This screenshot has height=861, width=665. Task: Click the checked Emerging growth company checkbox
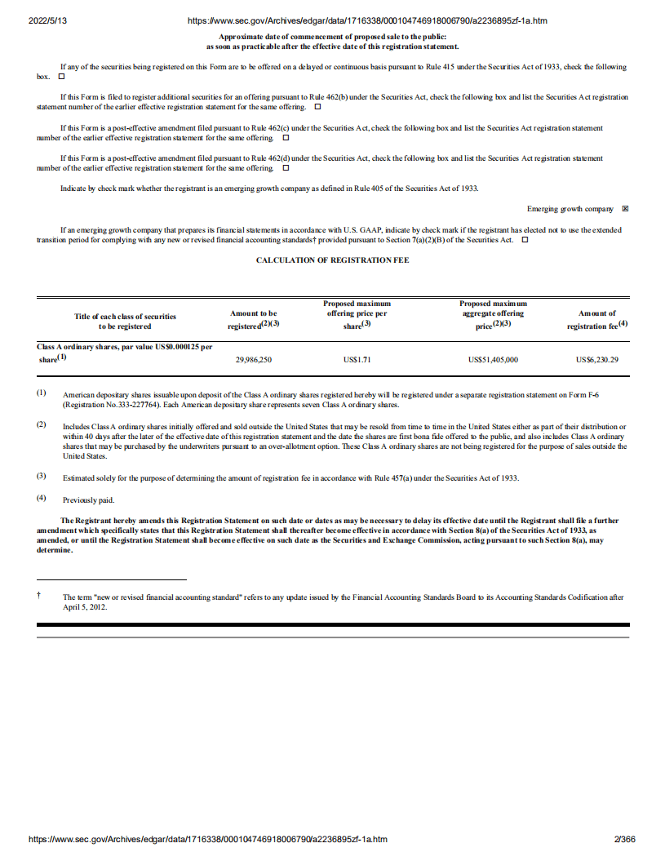[625, 209]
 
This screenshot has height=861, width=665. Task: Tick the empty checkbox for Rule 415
[60, 76]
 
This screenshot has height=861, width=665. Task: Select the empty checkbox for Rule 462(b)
[317, 107]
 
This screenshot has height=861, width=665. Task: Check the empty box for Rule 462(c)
[285, 137]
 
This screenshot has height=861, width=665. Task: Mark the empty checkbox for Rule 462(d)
[285, 167]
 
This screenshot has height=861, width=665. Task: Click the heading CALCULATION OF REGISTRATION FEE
[332, 260]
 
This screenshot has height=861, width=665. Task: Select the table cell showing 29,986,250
[254, 358]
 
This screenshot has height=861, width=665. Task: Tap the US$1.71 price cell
[357, 358]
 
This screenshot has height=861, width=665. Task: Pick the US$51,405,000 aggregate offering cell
[493, 358]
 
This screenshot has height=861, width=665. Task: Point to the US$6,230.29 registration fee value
[597, 358]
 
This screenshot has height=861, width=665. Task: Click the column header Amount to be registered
[254, 319]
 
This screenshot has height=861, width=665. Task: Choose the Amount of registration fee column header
[597, 319]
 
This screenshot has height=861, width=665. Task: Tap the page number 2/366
[624, 840]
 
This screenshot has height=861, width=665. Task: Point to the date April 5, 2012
[86, 607]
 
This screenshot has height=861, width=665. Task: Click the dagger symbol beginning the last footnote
[39, 597]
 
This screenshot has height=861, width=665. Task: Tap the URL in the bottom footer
[207, 840]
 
